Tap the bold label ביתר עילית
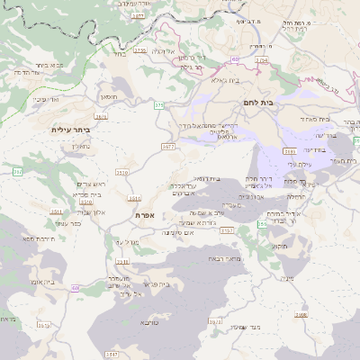[x=70, y=130]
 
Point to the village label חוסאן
[x=108, y=94]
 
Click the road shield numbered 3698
[x=301, y=315]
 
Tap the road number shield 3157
[x=226, y=231]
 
